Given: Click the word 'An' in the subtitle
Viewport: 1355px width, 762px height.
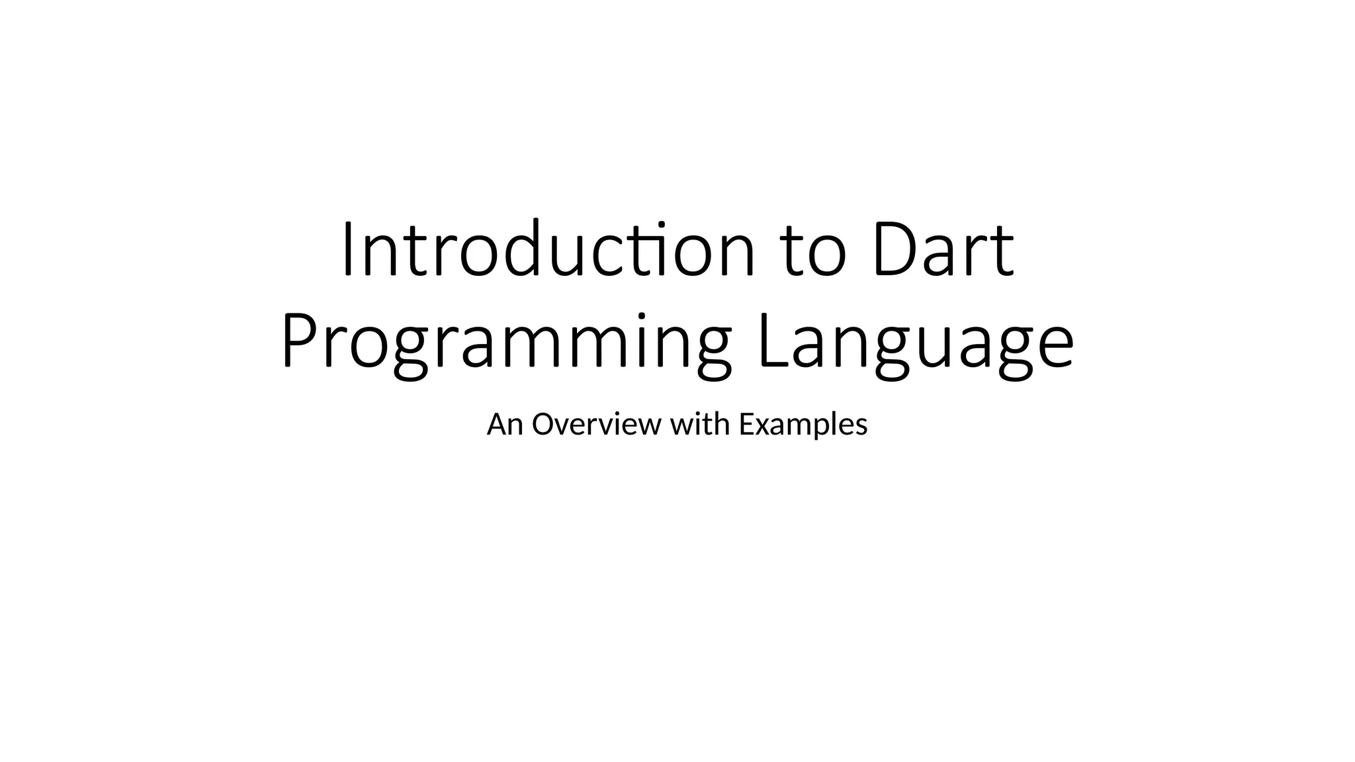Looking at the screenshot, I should point(505,425).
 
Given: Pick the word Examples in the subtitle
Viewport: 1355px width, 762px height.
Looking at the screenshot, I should point(803,425).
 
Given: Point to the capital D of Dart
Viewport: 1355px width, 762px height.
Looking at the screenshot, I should point(895,249).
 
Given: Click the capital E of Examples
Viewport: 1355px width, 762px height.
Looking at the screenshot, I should point(746,425).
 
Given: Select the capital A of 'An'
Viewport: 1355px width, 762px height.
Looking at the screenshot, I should point(496,425).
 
